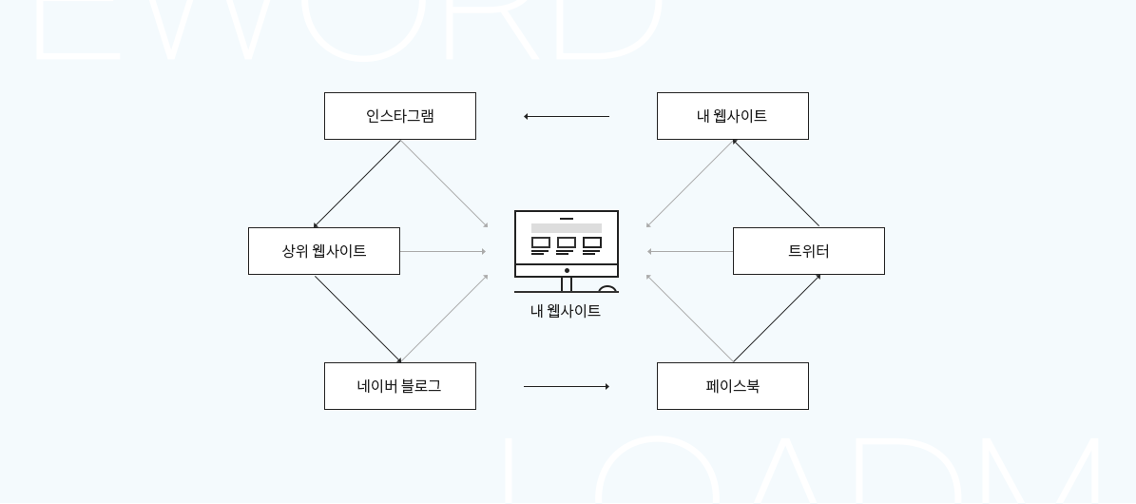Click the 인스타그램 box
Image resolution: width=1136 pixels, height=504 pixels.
point(399,116)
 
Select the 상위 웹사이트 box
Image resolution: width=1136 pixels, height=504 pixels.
point(323,251)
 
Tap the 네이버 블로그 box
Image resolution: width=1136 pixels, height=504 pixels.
point(399,386)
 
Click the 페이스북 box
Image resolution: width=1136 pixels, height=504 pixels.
point(732,386)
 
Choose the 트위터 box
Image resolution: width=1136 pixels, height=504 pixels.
point(808,251)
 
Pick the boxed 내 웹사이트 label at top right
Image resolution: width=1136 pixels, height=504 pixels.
point(732,116)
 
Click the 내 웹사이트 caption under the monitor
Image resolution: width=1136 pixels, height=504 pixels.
point(566,311)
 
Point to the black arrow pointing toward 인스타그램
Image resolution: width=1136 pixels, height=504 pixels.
point(566,117)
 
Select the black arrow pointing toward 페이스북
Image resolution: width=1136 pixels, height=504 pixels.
point(566,387)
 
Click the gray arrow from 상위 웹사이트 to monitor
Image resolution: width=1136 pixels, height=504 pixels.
point(442,252)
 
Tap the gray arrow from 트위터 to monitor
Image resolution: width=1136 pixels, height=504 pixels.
point(690,252)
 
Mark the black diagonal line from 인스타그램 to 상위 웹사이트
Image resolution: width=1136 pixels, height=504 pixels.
point(357,184)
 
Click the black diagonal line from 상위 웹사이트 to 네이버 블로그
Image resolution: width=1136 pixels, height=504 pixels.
point(357,319)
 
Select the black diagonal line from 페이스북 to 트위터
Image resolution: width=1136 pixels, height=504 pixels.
point(776,319)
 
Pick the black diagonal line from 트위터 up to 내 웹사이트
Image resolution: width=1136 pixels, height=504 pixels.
point(776,184)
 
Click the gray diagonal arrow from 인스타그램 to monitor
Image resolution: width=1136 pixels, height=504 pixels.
point(444,184)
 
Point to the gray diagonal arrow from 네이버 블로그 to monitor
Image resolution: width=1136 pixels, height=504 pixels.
point(444,319)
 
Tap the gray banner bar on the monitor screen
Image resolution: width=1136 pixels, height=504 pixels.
point(567,228)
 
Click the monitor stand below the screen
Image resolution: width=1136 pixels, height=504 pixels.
point(567,284)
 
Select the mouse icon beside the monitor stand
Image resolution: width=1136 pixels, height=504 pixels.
point(607,289)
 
